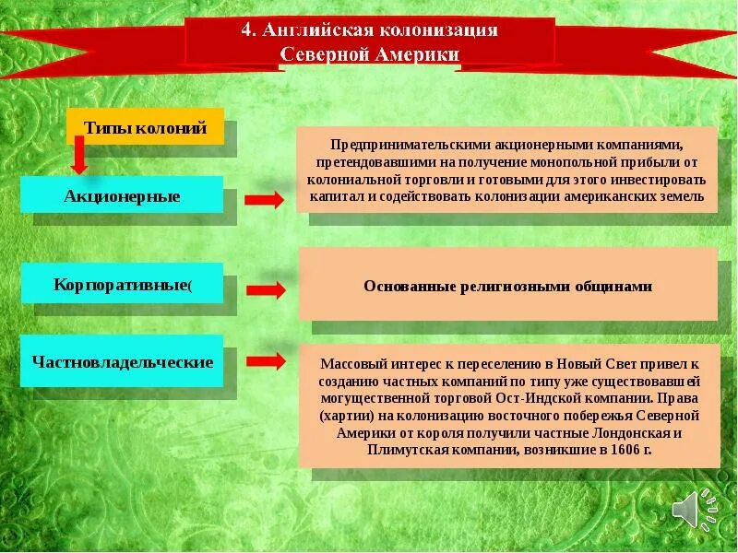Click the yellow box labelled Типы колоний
145,126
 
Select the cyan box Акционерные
122,195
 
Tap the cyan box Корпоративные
122,283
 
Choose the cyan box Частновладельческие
122,361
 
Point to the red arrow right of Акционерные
266,200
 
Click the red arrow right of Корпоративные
266,289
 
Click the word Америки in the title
417,54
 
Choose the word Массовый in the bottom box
350,363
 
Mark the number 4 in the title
246,30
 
